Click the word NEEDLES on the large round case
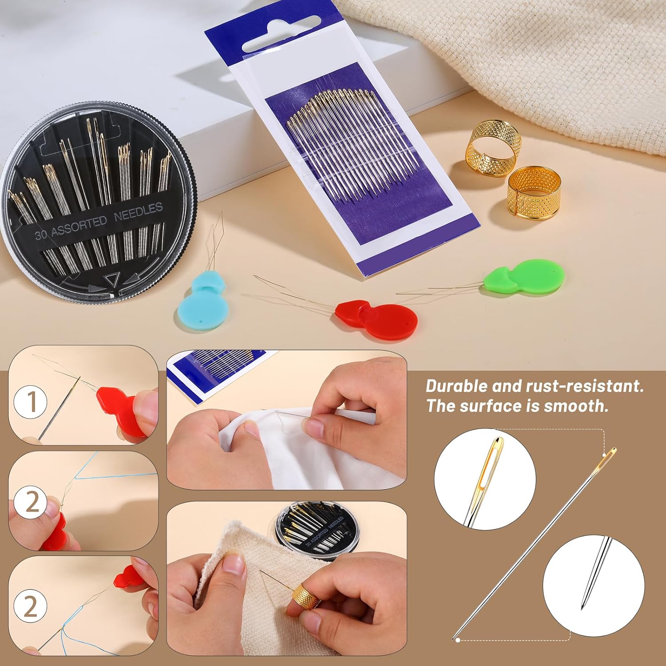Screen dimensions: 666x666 tap(139, 212)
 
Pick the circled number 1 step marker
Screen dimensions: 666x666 tap(31, 402)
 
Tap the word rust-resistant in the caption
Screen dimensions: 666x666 tap(584, 386)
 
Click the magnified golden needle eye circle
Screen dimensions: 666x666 tap(485, 479)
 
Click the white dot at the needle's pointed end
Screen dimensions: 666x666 tap(458, 640)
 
